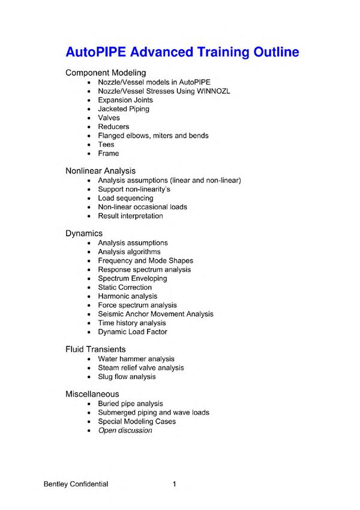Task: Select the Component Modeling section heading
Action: point(106,73)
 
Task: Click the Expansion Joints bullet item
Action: point(125,100)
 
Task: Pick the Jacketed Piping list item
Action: point(124,109)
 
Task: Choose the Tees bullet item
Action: point(106,145)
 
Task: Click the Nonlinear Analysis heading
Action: point(100,171)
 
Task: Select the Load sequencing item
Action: point(125,198)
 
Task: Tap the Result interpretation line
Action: point(130,216)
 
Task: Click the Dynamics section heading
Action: point(84,233)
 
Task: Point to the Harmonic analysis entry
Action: point(128,296)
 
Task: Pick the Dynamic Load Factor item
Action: point(133,332)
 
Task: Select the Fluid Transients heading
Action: point(95,349)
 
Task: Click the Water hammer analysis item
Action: point(136,359)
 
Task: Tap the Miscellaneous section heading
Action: point(92,394)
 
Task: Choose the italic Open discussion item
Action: point(125,430)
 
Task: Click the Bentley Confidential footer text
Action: point(76,484)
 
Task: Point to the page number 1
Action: point(175,484)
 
